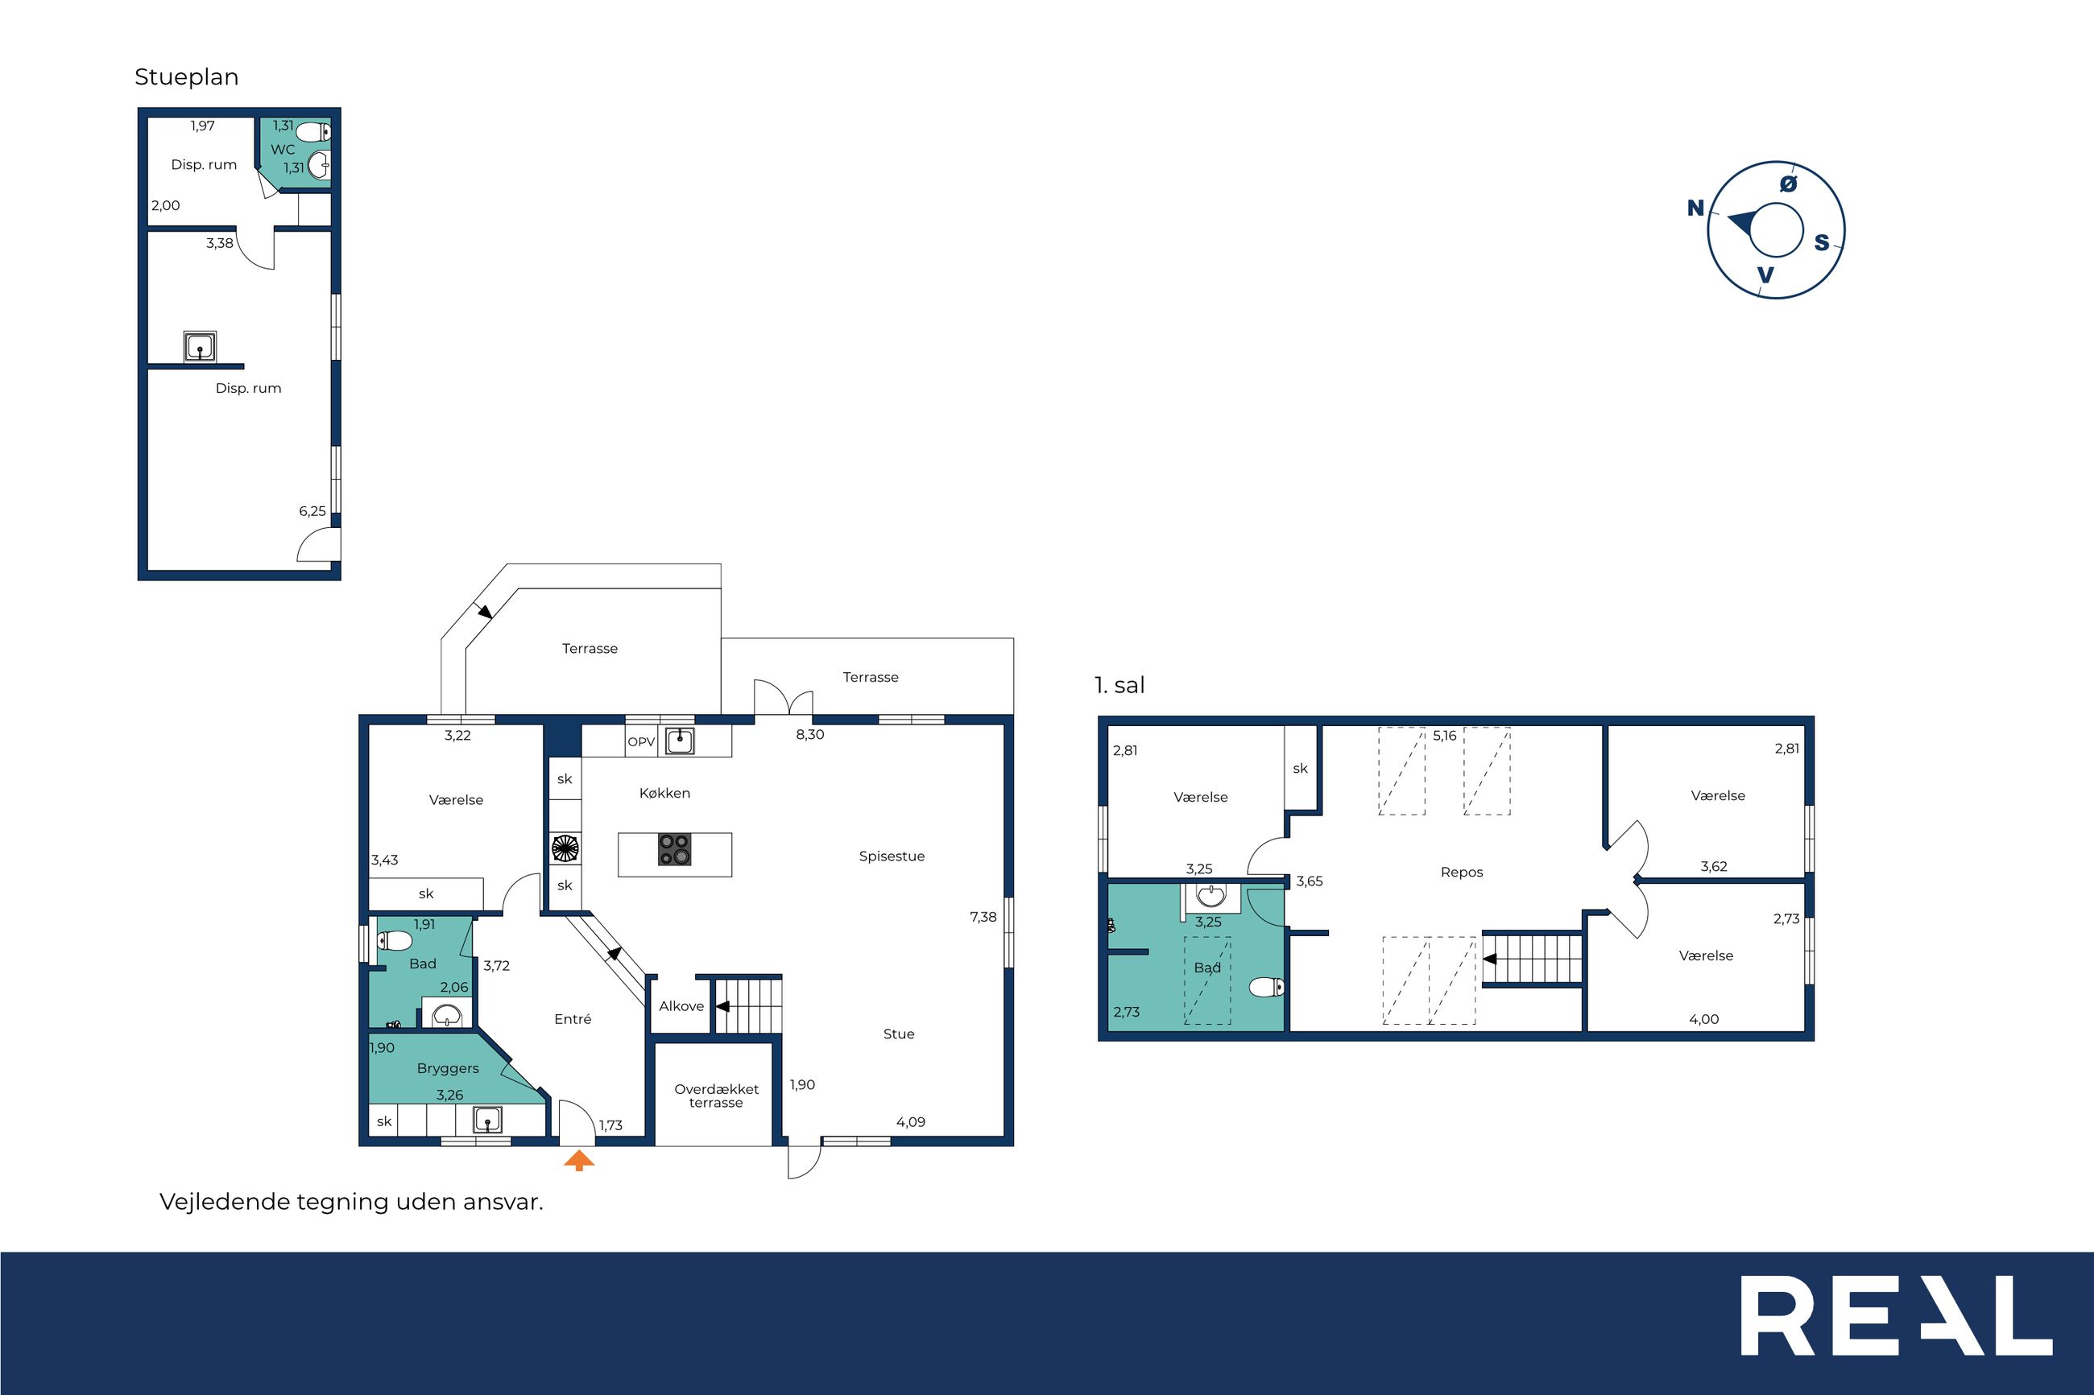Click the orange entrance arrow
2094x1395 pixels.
579,1160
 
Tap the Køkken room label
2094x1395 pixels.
664,794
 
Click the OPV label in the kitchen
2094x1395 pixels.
641,742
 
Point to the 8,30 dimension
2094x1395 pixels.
810,735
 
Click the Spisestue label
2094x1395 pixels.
892,856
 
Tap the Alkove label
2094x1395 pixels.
681,1006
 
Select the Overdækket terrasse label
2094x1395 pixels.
717,1096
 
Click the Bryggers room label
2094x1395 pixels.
448,1069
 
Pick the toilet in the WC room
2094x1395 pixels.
312,133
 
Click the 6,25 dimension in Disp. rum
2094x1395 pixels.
312,512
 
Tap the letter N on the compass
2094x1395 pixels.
1695,208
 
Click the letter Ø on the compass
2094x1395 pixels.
1788,184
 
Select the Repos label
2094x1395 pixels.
1462,873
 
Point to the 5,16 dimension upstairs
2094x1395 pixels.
1445,736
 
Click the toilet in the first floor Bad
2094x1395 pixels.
1266,987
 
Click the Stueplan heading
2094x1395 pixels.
187,77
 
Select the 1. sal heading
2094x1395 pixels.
1119,685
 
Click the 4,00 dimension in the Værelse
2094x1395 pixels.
1704,1020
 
